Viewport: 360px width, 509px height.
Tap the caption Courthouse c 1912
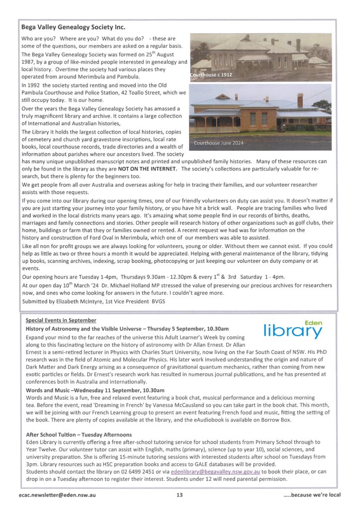(x=211, y=75)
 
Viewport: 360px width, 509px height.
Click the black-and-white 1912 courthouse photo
(x=261, y=57)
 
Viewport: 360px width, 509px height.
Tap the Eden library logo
(x=293, y=330)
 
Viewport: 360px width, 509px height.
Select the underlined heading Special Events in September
(x=61, y=320)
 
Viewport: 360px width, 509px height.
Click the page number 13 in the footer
(x=180, y=495)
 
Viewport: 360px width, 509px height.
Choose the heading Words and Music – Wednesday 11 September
(x=95, y=390)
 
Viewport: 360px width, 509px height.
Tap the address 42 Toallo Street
(x=147, y=92)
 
